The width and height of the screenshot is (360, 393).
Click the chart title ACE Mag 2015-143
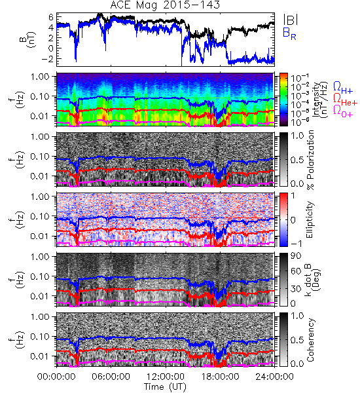point(165,5)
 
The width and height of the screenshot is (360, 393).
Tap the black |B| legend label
point(291,20)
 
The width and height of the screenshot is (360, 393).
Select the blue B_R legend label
point(289,33)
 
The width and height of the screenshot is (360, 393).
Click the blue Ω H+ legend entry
point(343,88)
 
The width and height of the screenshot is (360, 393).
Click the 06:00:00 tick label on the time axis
point(111,377)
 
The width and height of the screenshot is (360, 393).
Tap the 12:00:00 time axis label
point(166,377)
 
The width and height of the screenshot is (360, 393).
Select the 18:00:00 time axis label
point(220,377)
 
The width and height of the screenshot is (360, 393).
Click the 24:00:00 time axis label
point(274,377)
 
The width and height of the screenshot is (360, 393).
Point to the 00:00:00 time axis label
point(56,377)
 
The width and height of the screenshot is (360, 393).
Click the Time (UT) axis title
point(165,387)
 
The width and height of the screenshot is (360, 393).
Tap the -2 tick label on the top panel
point(47,59)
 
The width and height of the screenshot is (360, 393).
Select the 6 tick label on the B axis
point(51,17)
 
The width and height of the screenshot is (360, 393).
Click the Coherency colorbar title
point(310,340)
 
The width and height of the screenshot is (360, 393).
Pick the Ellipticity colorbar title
point(310,220)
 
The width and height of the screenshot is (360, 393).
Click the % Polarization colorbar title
point(310,160)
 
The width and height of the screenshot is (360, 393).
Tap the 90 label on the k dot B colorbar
point(296,256)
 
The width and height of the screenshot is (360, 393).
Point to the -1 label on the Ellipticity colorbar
point(296,244)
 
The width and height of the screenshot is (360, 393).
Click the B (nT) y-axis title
point(28,39)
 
